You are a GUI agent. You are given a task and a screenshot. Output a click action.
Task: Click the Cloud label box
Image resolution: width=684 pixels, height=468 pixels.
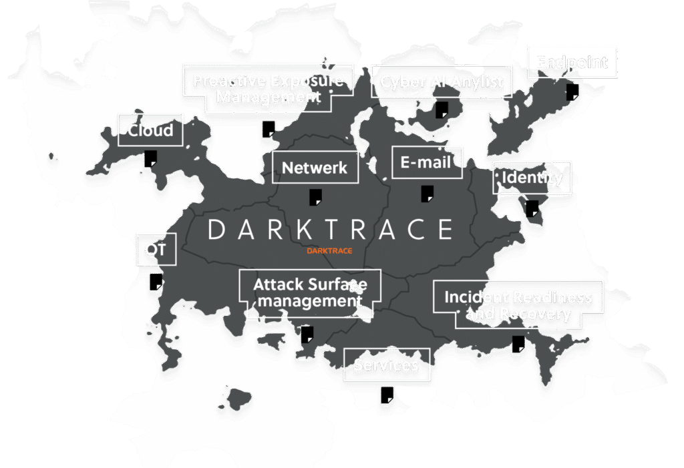tap(150, 130)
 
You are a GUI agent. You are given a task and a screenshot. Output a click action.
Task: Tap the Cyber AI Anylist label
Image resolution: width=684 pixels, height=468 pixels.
tap(442, 82)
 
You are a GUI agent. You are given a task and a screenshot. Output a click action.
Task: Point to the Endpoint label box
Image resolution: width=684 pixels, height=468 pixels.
tap(572, 62)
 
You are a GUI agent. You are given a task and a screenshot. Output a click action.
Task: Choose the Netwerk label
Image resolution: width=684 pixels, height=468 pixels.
tap(315, 167)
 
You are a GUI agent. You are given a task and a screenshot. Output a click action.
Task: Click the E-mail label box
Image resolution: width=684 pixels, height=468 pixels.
tap(427, 162)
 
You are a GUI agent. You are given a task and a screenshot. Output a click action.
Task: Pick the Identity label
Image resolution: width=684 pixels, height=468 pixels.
tap(532, 178)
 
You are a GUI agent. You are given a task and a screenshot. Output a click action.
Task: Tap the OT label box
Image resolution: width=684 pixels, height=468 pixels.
tap(156, 250)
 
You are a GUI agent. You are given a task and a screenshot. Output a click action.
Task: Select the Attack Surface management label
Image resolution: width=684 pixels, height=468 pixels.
tap(310, 292)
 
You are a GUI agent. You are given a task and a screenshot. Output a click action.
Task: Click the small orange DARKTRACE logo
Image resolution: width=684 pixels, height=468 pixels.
tap(329, 251)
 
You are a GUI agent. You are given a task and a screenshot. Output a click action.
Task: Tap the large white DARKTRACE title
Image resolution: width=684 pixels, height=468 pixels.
tap(330, 230)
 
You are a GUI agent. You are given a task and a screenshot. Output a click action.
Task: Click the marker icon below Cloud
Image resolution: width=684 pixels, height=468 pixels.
tap(151, 159)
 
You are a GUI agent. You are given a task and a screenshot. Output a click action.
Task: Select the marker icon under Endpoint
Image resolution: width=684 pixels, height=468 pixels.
tap(572, 91)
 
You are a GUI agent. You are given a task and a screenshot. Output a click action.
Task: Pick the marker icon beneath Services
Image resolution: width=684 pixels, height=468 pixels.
tap(387, 395)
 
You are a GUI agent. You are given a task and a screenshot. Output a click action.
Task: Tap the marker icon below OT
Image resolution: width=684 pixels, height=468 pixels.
tap(156, 282)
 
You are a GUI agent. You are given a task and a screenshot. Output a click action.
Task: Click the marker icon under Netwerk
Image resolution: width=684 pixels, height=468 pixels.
tap(315, 197)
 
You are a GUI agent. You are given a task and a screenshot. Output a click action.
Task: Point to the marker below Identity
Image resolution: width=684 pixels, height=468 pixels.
tap(532, 208)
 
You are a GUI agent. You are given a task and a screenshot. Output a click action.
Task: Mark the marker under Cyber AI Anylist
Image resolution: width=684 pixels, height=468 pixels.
tap(442, 110)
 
